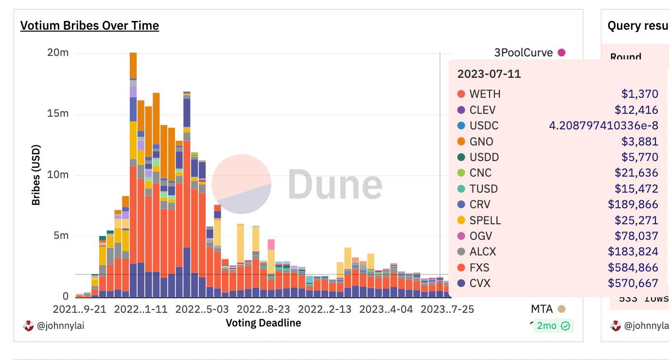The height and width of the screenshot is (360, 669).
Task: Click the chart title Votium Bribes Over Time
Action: pyautogui.click(x=89, y=25)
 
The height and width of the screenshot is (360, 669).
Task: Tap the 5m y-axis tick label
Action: pyautogui.click(x=60, y=236)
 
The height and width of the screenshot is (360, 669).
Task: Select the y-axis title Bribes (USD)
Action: pyautogui.click(x=36, y=175)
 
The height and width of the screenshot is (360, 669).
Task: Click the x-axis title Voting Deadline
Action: pyautogui.click(x=263, y=323)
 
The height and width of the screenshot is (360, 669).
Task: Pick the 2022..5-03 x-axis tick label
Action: pyautogui.click(x=202, y=309)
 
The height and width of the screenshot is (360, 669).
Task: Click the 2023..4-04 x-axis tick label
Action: pyautogui.click(x=386, y=309)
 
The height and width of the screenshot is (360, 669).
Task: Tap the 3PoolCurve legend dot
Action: pyautogui.click(x=562, y=53)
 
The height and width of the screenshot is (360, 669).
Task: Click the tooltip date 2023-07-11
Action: pyautogui.click(x=489, y=74)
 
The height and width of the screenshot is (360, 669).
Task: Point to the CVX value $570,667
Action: pyautogui.click(x=633, y=283)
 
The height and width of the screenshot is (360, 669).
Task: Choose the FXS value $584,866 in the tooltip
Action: pyautogui.click(x=633, y=268)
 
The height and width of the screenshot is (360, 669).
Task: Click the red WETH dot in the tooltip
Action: pyautogui.click(x=461, y=94)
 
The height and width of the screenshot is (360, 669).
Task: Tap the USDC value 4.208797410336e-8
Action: pyautogui.click(x=603, y=126)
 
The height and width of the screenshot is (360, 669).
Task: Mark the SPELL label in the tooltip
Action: pyautogui.click(x=485, y=220)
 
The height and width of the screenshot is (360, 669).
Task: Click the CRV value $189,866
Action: pyautogui.click(x=633, y=204)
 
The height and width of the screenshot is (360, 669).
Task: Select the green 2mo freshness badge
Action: pyautogui.click(x=553, y=326)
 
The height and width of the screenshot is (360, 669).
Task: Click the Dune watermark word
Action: pyautogui.click(x=335, y=184)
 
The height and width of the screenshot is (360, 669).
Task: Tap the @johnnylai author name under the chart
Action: pyautogui.click(x=60, y=326)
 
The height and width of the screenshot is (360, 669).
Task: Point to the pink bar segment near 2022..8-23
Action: pyautogui.click(x=271, y=244)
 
